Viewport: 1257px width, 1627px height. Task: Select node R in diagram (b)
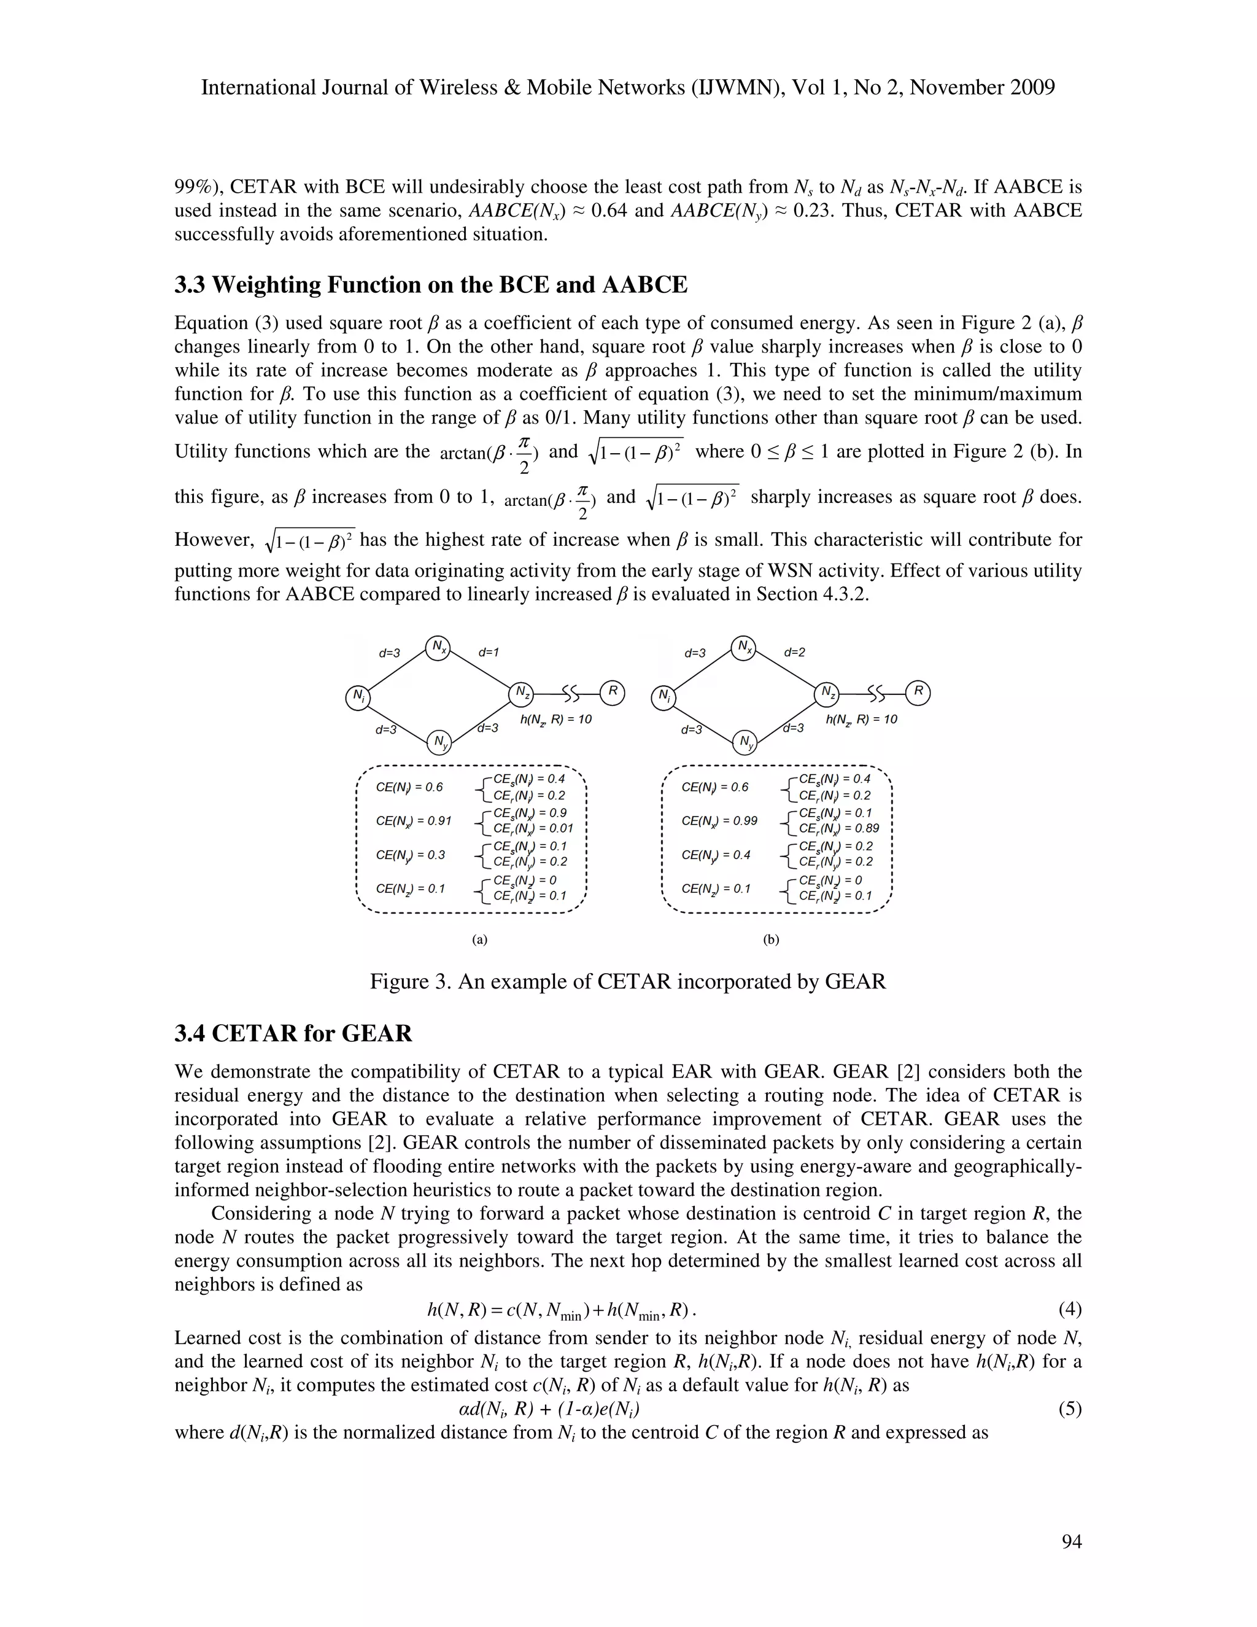(918, 692)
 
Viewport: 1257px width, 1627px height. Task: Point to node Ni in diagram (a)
(359, 697)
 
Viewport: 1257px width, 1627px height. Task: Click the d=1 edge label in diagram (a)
(489, 653)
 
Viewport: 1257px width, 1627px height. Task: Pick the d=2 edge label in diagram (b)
(795, 653)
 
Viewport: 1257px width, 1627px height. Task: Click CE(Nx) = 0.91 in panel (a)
(413, 821)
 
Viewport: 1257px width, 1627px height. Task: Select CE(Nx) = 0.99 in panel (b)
(719, 821)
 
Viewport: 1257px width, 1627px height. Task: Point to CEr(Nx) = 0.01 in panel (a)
(532, 828)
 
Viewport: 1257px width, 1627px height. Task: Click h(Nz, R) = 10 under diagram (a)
(555, 720)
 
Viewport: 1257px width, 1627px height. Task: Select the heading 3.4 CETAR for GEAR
(293, 1034)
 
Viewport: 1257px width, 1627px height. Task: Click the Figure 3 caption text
(628, 982)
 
